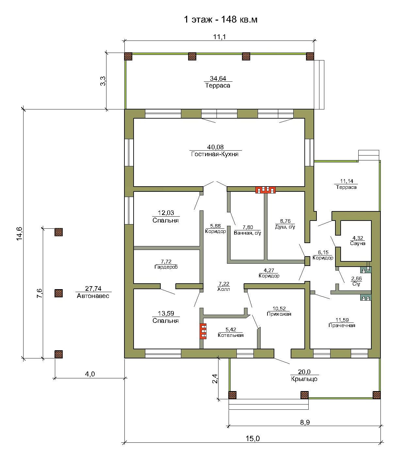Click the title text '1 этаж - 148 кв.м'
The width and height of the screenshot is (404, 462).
[220, 19]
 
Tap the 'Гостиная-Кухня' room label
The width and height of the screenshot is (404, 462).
[215, 154]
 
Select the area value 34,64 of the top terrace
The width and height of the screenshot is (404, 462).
[218, 78]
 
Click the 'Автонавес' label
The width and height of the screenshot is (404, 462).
[93, 296]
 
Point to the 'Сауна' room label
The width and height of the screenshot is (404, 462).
[358, 243]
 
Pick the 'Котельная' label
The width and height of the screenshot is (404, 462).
[231, 335]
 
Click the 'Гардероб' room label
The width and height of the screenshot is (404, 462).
[166, 267]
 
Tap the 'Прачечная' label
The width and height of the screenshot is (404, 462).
[342, 325]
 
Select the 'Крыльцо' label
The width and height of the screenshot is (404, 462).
[304, 379]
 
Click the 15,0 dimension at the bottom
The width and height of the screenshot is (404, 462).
[253, 438]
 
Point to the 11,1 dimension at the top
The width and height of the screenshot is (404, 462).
[219, 37]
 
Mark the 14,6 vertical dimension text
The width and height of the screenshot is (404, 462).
[19, 234]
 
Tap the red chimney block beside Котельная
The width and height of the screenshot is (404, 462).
[203, 331]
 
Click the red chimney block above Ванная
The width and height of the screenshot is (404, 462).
[266, 190]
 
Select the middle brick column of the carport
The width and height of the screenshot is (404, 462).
[59, 293]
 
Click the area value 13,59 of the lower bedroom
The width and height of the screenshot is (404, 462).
[166, 313]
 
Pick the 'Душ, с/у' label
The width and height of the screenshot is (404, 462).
[285, 227]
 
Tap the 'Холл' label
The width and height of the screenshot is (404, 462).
[224, 289]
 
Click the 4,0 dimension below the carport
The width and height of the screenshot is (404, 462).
[90, 374]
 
